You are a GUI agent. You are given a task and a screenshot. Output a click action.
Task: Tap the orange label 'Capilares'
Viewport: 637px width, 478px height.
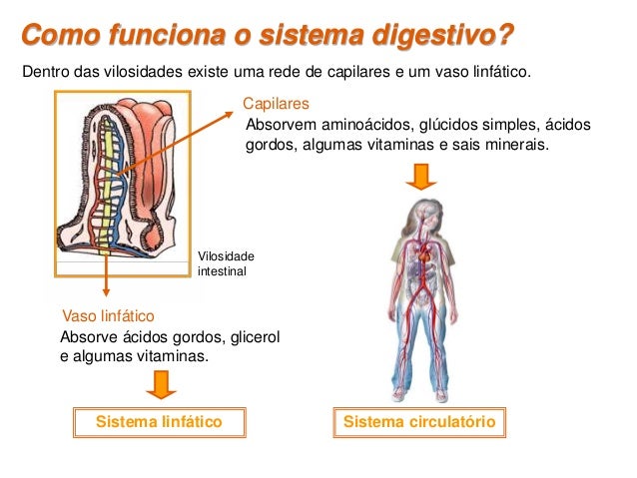tap(277, 104)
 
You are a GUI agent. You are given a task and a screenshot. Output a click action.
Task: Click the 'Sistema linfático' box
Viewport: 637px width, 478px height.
tap(158, 422)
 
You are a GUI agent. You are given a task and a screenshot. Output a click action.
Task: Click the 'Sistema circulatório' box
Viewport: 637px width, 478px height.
tap(419, 422)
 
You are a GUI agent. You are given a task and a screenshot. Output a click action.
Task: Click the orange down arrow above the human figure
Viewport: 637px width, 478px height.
tap(421, 177)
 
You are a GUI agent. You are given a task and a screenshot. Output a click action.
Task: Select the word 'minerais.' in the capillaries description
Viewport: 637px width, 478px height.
tap(519, 145)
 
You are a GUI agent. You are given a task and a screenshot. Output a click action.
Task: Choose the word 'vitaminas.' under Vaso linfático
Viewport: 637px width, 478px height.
tap(178, 356)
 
